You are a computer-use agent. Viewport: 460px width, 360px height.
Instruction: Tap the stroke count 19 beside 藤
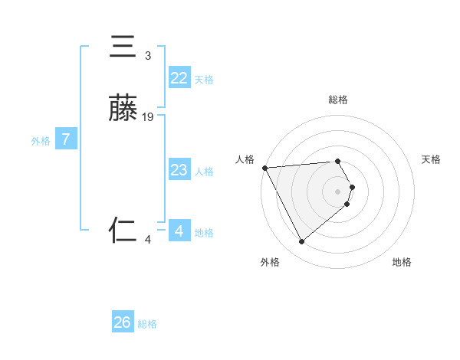pos(148,116)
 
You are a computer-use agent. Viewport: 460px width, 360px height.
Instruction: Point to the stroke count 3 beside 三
pos(148,55)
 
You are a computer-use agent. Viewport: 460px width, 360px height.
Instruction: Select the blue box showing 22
pos(179,78)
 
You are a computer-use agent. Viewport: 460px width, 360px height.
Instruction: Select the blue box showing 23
pos(179,170)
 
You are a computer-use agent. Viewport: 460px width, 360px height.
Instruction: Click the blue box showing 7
pos(66,139)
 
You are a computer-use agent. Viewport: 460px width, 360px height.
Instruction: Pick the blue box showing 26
pos(123,322)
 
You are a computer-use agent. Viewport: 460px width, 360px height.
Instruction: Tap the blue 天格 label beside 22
pos(204,80)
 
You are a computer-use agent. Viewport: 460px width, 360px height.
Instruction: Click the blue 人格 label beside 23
pos(204,172)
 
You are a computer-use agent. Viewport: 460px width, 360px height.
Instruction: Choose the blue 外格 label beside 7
pos(41,141)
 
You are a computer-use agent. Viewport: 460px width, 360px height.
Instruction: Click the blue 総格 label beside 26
pos(147,324)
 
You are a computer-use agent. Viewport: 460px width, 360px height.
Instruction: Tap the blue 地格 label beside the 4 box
pos(204,233)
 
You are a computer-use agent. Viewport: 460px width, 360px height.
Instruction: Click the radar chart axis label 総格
pos(338,100)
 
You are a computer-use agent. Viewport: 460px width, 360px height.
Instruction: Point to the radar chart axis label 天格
pos(431,159)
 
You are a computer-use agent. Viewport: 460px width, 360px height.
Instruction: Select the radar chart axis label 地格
pos(402,262)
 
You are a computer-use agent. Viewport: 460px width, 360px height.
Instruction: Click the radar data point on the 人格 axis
pos(264,167)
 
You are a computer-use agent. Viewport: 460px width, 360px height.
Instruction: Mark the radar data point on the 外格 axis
pos(301,242)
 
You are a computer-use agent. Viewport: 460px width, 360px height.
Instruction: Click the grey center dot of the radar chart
pos(338,191)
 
